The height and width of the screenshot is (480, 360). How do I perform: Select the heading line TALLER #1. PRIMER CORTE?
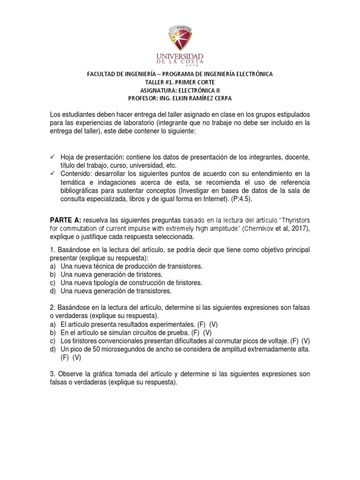[180, 82]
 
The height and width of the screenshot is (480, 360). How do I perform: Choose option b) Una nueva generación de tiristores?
[118, 274]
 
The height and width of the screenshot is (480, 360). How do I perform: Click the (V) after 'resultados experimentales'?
[214, 324]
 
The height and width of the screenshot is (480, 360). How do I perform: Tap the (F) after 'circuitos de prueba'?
[178, 332]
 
